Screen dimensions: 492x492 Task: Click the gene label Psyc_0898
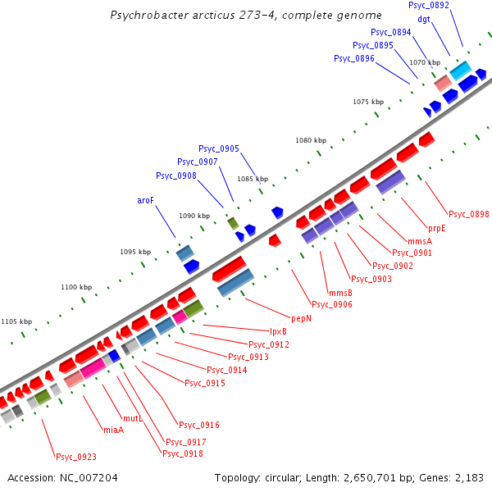(x=468, y=215)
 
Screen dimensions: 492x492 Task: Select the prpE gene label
(x=437, y=228)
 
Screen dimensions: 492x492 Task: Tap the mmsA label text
(x=418, y=241)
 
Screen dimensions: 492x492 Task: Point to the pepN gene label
(x=302, y=317)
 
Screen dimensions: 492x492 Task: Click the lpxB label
(x=278, y=331)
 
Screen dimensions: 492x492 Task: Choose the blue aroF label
(x=145, y=200)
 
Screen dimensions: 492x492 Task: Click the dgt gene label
(x=424, y=19)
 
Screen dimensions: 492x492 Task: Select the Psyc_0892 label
(x=428, y=6)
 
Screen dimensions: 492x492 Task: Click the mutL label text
(x=133, y=418)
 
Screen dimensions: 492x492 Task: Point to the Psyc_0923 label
(x=75, y=457)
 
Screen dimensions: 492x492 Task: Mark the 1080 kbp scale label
(x=311, y=141)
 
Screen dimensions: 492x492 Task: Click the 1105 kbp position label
(x=16, y=321)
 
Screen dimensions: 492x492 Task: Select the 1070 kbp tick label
(x=425, y=62)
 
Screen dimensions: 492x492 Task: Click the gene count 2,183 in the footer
(x=467, y=477)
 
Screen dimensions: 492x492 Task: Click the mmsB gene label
(x=340, y=293)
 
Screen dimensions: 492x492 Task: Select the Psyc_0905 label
(x=219, y=148)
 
